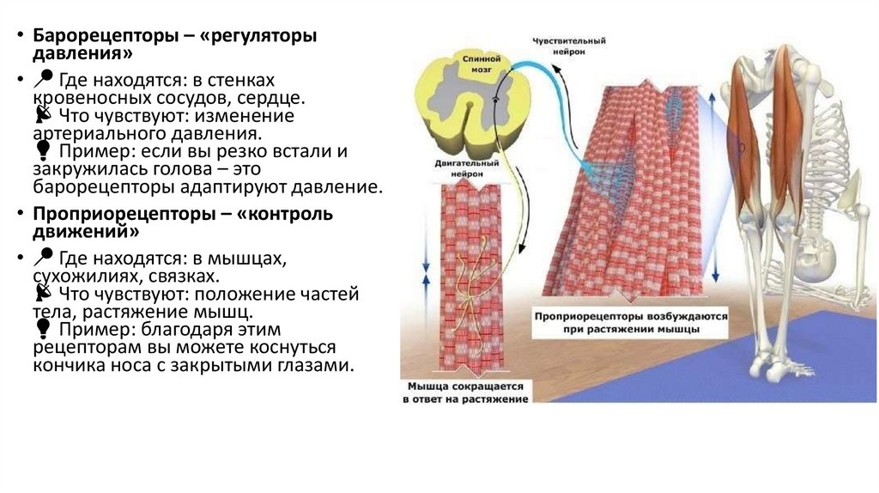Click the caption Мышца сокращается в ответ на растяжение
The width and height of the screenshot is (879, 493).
(x=466, y=393)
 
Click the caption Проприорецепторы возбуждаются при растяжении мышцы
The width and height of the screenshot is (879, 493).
(x=630, y=322)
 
